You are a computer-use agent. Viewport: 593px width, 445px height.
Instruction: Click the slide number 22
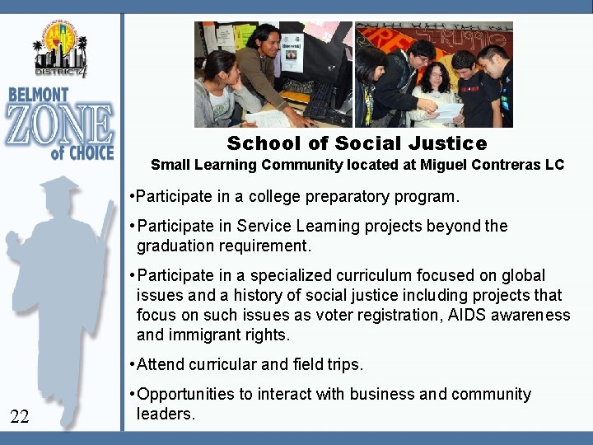click(x=20, y=418)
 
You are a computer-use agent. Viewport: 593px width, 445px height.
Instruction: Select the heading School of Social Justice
click(x=357, y=143)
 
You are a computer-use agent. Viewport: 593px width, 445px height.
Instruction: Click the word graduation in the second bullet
click(x=175, y=246)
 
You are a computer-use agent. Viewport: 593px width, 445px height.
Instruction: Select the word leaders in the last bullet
click(x=164, y=414)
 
